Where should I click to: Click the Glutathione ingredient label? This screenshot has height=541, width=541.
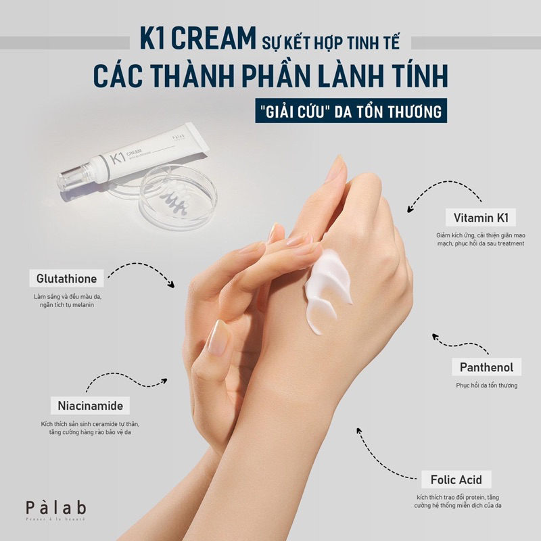[67, 279]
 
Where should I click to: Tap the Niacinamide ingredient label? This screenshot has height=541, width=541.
[86, 406]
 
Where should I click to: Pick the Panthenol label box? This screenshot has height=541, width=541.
[486, 368]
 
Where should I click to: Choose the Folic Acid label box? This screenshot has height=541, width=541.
[456, 479]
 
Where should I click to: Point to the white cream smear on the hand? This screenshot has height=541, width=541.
[327, 288]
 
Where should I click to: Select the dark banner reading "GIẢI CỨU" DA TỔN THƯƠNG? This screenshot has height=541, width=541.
[349, 110]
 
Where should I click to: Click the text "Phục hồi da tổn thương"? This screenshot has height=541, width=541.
[486, 385]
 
